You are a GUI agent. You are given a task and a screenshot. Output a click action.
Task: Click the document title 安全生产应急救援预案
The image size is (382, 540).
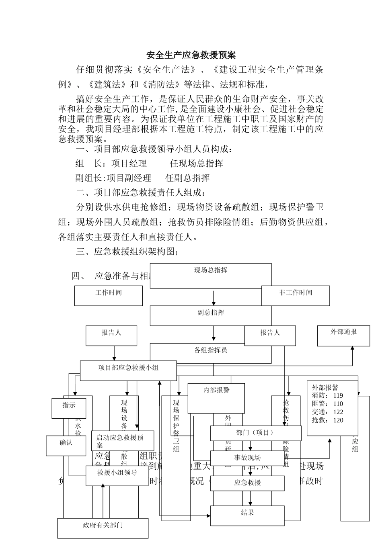191,55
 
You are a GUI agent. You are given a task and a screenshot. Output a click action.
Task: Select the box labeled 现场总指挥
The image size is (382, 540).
211,275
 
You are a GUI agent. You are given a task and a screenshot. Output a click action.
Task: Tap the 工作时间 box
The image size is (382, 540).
109,295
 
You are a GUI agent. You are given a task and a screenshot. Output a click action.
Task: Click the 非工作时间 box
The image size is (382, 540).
296,295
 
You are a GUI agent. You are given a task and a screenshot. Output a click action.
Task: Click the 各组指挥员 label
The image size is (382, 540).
211,350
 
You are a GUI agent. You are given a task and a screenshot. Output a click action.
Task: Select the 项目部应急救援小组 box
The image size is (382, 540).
128,370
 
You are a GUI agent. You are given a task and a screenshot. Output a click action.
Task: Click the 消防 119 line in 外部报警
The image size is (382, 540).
328,396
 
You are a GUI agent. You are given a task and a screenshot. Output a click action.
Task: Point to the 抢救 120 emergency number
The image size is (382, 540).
328,421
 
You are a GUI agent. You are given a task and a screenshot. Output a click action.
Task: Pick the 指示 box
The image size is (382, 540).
69,407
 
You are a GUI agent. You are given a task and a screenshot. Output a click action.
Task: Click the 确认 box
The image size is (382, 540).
66,445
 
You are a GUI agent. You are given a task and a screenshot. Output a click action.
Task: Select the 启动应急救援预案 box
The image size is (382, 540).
123,441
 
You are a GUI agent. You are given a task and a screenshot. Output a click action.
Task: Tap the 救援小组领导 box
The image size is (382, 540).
117,475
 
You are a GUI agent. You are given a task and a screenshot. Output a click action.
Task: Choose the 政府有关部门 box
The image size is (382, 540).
103,528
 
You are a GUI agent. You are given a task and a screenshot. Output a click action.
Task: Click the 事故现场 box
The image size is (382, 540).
248,458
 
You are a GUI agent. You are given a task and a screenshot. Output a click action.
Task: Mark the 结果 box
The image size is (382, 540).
248,515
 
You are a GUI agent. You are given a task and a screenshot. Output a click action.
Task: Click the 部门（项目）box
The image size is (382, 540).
256,433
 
